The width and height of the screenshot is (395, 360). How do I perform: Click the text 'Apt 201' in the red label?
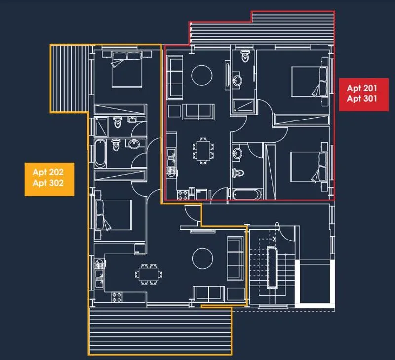(362, 88)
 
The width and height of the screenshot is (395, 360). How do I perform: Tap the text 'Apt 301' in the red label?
(362, 98)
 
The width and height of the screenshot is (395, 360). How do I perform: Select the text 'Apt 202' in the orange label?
(48, 172)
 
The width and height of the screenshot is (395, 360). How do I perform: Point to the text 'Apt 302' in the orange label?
(48, 183)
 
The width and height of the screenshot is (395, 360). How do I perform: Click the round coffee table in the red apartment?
(201, 76)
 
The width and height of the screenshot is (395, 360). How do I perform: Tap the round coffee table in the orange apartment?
(202, 258)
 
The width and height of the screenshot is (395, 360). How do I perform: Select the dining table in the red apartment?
(203, 151)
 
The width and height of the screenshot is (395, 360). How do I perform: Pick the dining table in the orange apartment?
(149, 275)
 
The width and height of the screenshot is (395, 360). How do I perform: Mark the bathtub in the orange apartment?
(100, 154)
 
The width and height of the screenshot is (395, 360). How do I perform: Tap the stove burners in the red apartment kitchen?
(183, 195)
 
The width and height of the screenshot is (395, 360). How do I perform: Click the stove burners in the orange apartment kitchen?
(117, 297)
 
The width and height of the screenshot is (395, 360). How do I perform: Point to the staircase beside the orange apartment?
(272, 267)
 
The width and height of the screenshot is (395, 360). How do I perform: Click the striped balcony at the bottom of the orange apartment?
(160, 331)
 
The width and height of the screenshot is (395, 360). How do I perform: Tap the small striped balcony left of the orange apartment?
(69, 79)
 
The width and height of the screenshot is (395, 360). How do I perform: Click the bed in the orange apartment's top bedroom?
(126, 70)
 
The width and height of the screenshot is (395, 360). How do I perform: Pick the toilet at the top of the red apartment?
(245, 56)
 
